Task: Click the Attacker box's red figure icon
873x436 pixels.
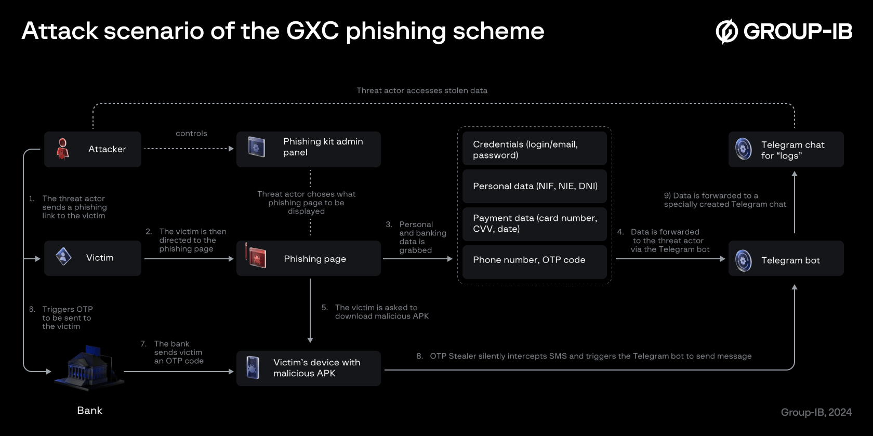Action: coord(63,149)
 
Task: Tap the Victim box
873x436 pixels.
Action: coord(92,258)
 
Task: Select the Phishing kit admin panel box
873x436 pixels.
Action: coord(308,149)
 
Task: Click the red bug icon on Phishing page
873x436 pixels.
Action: coord(256,257)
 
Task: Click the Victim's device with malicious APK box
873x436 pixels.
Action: coord(308,368)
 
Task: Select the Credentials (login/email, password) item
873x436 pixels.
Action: coord(534,149)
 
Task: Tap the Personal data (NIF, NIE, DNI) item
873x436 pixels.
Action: coord(534,186)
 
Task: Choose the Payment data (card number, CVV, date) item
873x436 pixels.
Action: coord(534,223)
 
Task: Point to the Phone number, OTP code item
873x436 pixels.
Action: coord(534,260)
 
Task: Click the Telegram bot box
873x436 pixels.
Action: coord(786,260)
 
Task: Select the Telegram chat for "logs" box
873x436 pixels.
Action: coord(786,150)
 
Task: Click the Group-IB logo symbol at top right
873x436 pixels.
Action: coord(726,31)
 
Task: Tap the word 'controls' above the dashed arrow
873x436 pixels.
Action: coord(191,134)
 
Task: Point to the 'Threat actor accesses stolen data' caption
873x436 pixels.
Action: coord(421,90)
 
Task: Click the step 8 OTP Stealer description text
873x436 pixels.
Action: coord(590,356)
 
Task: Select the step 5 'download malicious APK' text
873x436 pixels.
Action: coord(381,316)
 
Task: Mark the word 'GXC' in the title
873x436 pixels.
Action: coord(312,31)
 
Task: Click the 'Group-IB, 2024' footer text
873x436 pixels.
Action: coord(816,412)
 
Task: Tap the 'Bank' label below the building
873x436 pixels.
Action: coord(89,411)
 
